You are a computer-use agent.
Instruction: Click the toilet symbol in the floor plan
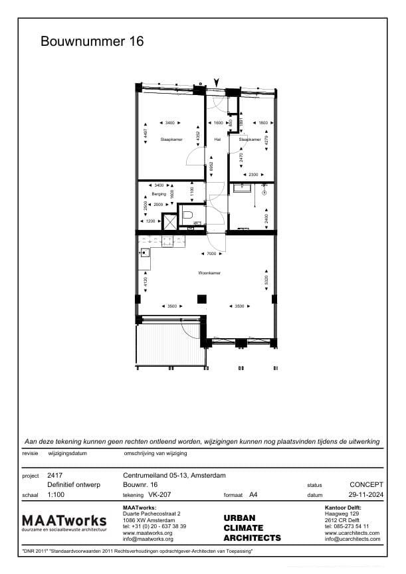(187, 215)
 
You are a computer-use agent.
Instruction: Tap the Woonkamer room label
(209, 273)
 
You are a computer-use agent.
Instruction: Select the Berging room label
(158, 194)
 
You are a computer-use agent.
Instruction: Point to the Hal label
(217, 140)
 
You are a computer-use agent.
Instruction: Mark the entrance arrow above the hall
(215, 82)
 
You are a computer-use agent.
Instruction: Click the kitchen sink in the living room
(145, 252)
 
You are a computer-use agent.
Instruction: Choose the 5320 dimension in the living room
(266, 280)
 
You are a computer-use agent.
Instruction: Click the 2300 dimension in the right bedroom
(253, 175)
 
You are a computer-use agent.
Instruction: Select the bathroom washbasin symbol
(243, 189)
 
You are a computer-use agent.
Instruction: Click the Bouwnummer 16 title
(92, 42)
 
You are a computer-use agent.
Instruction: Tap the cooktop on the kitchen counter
(169, 239)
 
